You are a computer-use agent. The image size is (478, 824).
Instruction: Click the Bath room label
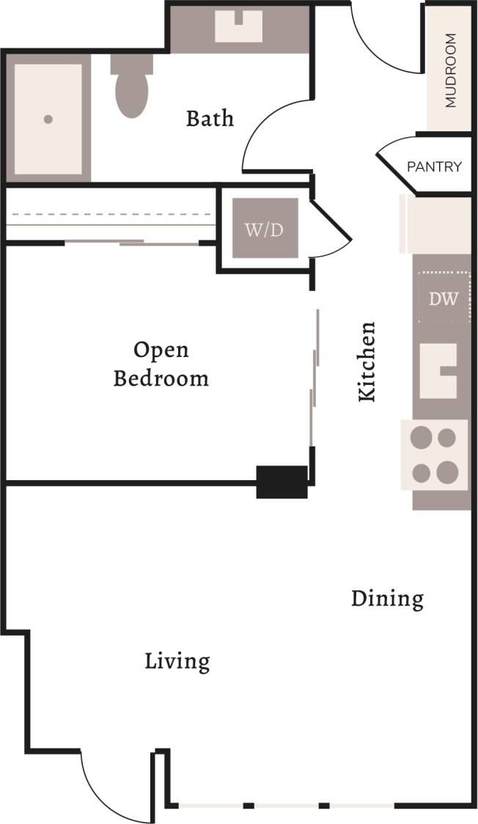[210, 118]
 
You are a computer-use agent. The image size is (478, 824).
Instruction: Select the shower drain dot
[48, 119]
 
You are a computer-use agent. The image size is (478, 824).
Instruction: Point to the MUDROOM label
[450, 70]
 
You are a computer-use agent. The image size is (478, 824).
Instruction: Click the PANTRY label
[434, 167]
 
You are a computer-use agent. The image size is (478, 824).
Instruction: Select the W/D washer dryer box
[265, 229]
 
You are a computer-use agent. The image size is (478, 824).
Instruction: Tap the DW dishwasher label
[444, 298]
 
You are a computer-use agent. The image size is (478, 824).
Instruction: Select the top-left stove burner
[421, 438]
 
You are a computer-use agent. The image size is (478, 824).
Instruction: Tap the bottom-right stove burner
[447, 471]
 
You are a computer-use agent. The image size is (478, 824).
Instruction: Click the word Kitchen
[367, 361]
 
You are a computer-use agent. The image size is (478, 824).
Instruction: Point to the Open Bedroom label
[161, 364]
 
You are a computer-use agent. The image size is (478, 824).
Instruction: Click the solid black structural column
[282, 482]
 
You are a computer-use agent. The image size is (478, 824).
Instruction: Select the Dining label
[387, 598]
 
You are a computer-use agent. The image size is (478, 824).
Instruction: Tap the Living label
[177, 661]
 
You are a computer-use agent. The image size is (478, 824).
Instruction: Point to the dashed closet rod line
[110, 215]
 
